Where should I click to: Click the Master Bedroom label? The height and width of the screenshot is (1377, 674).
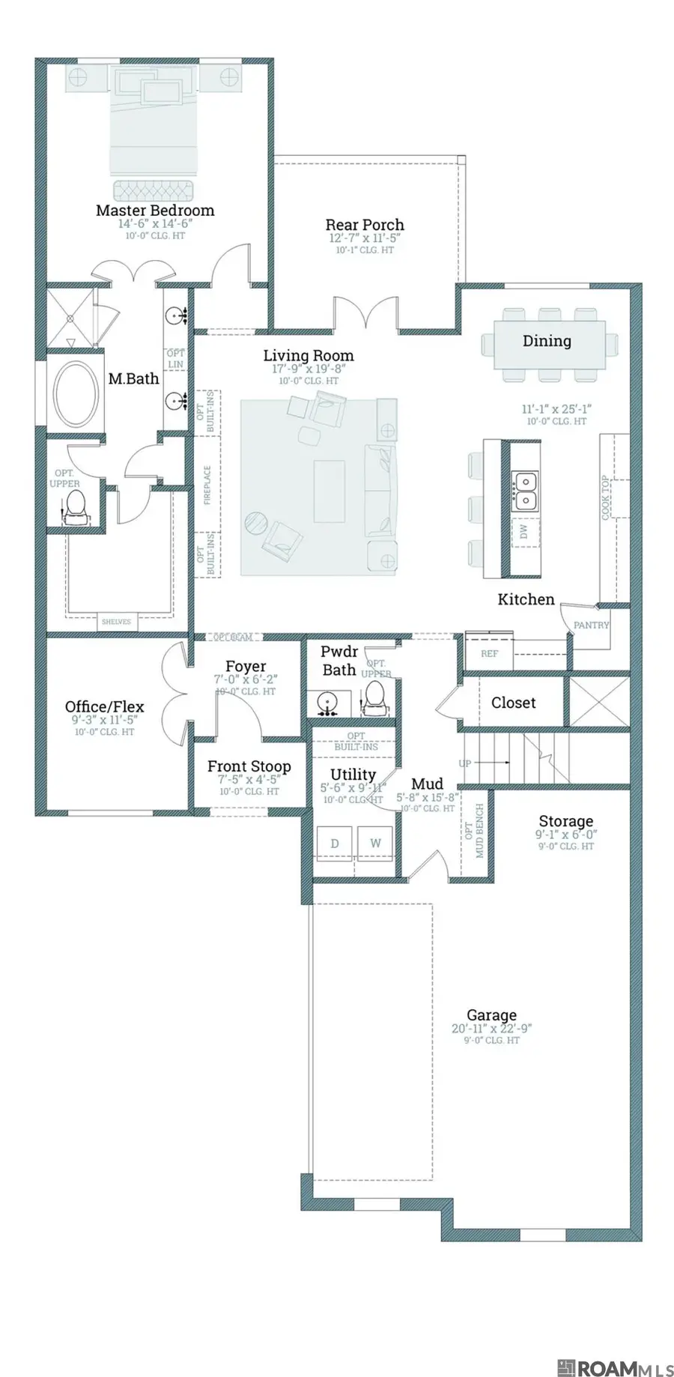(x=155, y=211)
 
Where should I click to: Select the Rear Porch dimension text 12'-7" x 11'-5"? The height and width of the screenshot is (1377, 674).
(x=365, y=238)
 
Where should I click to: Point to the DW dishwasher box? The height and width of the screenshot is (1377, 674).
(x=524, y=531)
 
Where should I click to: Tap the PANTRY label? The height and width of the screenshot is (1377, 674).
(x=591, y=625)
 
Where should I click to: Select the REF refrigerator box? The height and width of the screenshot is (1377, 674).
(x=489, y=653)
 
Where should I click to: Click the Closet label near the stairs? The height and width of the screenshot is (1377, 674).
(x=513, y=703)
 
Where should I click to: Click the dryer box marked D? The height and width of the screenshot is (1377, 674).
(x=335, y=843)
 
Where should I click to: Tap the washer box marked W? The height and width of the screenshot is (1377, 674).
(x=375, y=843)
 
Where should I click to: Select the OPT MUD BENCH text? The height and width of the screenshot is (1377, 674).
(x=475, y=831)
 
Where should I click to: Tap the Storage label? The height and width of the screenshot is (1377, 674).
(x=565, y=821)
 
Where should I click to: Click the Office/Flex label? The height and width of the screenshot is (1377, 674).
(x=104, y=706)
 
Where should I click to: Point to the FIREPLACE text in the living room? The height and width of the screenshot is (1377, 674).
(x=207, y=485)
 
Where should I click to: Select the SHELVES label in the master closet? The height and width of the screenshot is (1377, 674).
(x=116, y=621)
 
